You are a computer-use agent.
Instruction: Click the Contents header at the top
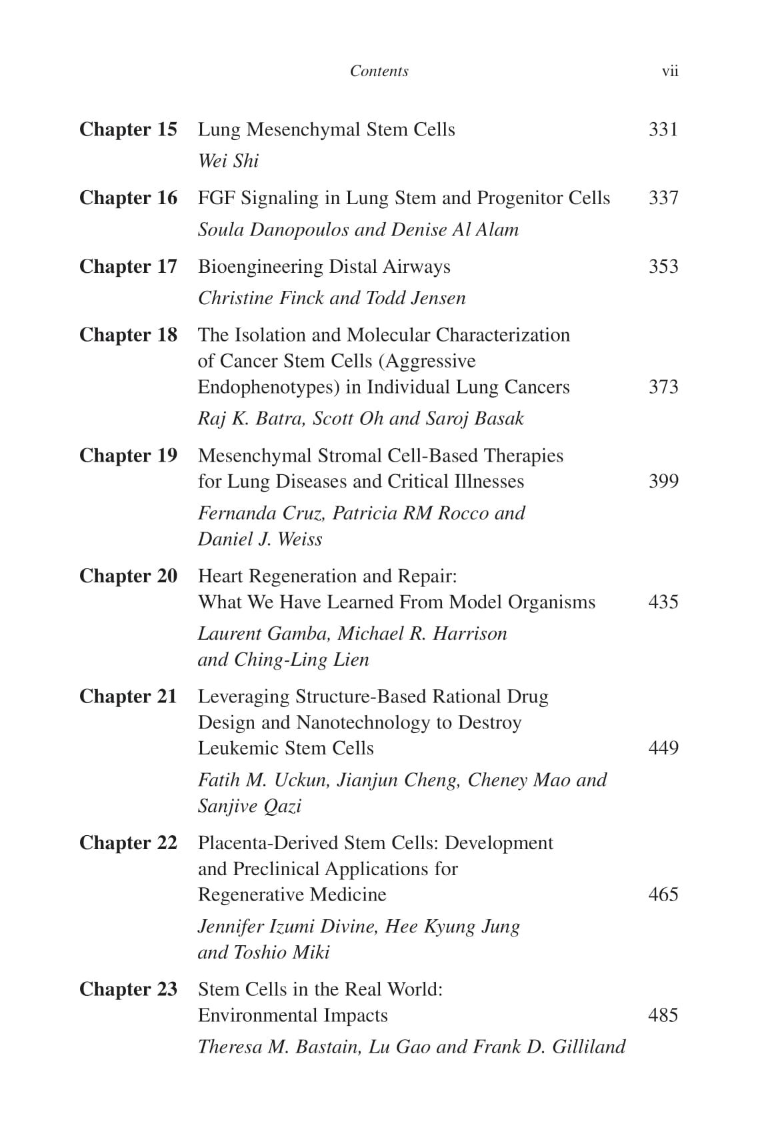point(379,71)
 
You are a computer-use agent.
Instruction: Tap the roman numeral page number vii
point(669,71)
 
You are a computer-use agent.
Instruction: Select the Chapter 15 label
point(128,129)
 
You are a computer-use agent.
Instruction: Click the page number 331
point(663,129)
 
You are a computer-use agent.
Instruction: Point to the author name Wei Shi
point(228,161)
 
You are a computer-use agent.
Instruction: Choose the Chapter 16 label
point(128,198)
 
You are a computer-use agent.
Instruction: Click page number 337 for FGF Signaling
point(663,198)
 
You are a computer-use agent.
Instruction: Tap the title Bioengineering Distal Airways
point(324,267)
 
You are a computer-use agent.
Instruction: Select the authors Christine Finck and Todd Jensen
point(331,298)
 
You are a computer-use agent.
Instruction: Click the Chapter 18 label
point(128,335)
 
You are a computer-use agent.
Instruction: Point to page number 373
point(663,387)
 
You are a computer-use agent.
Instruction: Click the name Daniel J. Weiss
point(260,539)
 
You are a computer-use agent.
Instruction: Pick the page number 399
point(663,482)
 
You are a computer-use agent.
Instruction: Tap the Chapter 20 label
point(128,576)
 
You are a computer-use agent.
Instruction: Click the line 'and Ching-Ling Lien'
point(283,660)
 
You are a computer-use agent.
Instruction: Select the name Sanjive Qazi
point(249,806)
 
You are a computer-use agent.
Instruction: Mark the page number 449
point(663,748)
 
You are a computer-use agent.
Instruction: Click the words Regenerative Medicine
point(292,895)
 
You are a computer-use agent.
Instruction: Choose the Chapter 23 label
point(128,989)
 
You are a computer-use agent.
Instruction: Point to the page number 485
point(663,1015)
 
